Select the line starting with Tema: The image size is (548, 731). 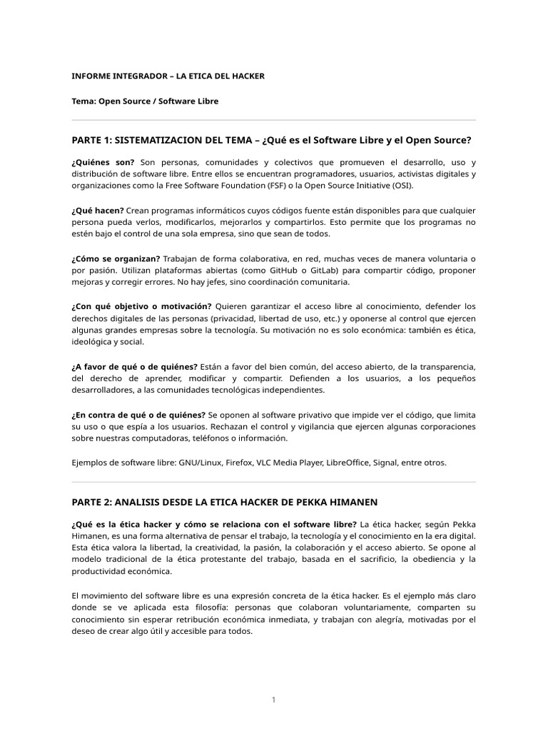point(145,101)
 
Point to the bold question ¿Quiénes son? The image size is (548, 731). point(103,163)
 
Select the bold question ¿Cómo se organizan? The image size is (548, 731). point(116,258)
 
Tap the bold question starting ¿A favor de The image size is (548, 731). point(134,367)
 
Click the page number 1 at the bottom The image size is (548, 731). point(273,700)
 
